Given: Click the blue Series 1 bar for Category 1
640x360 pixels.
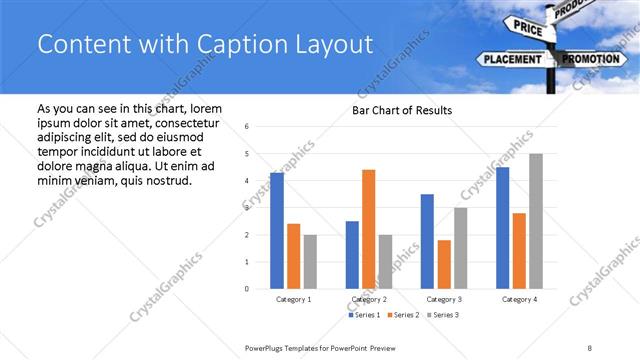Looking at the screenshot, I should pyautogui.click(x=277, y=231).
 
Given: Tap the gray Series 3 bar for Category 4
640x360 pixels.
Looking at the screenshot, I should pyautogui.click(x=536, y=221).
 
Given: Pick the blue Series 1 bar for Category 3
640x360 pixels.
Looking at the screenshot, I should pyautogui.click(x=427, y=241).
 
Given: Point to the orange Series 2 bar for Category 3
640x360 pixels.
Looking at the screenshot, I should pyautogui.click(x=444, y=264).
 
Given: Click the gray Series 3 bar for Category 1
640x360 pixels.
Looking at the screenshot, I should pyautogui.click(x=310, y=262).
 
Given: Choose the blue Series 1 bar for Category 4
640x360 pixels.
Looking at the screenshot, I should pyautogui.click(x=502, y=228).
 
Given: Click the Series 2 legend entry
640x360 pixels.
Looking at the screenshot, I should pyautogui.click(x=401, y=315).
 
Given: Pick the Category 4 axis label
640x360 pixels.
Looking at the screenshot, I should pyautogui.click(x=519, y=299).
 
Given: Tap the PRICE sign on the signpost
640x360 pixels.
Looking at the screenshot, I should pyautogui.click(x=528, y=28).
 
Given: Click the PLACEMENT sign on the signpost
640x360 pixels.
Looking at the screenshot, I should pyautogui.click(x=512, y=59).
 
